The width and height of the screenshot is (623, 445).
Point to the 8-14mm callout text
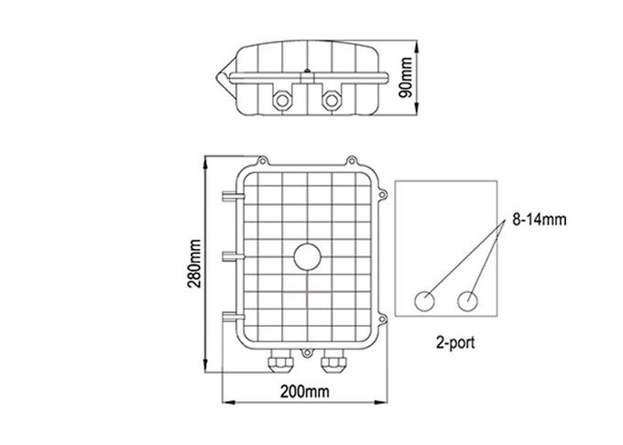click(538, 220)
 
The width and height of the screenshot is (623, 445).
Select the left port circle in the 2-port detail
click(426, 300)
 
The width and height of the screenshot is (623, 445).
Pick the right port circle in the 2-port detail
click(469, 300)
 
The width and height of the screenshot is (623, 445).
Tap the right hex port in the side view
click(332, 97)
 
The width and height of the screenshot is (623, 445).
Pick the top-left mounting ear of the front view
click(263, 157)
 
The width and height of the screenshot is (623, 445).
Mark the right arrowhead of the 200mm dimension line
click(382, 401)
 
